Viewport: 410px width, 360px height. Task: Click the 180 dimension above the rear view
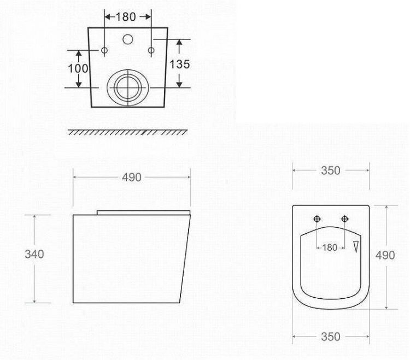126,17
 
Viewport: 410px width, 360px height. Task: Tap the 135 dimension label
179,64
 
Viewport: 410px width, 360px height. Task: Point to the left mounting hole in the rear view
104,50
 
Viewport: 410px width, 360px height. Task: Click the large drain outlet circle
127,86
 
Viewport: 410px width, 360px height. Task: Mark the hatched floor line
127,132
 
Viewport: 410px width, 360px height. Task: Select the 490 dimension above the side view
131,177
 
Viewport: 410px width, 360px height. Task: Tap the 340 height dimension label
34,255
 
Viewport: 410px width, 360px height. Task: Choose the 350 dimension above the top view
330,170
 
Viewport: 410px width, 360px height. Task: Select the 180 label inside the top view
330,247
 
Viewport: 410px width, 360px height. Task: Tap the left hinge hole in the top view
317,219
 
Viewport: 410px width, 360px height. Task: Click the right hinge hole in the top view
344,219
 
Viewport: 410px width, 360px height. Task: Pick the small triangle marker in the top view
356,246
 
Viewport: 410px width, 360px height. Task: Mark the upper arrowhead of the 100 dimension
79,52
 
